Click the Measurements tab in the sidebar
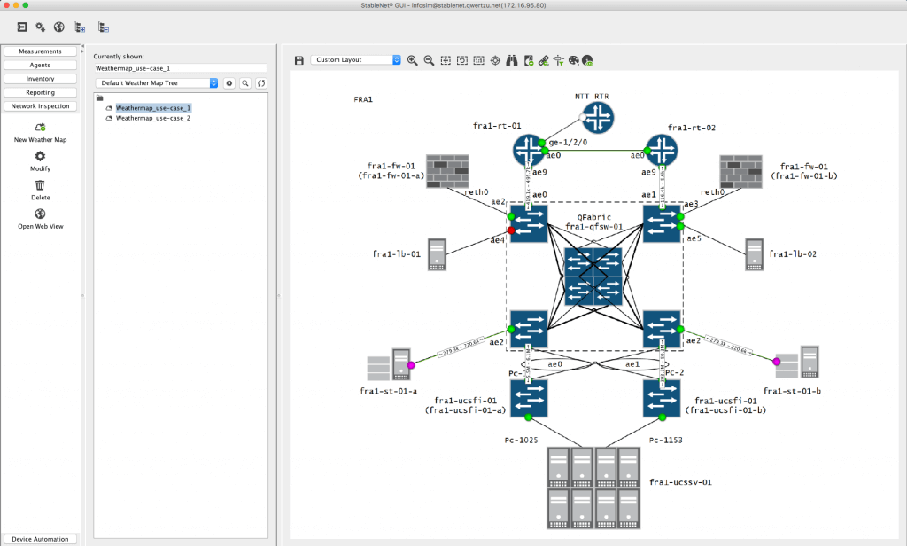click(x=40, y=51)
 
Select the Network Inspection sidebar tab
click(x=40, y=106)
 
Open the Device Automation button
click(x=40, y=539)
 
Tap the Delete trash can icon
click(x=40, y=184)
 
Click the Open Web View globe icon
click(x=40, y=214)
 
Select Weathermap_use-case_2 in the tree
click(x=153, y=118)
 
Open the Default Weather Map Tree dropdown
click(x=157, y=82)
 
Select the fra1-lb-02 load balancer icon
click(x=754, y=254)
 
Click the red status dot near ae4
click(x=511, y=230)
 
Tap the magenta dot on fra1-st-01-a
click(x=411, y=364)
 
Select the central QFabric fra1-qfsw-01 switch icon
click(x=594, y=277)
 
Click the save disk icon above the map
click(x=299, y=60)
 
